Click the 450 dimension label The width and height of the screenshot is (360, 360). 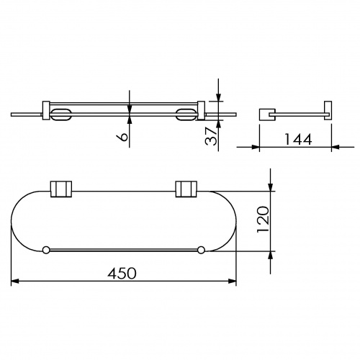[122, 274]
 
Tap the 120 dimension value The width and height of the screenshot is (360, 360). [263, 220]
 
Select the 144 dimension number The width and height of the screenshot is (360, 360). [298, 139]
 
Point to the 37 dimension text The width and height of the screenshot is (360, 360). [211, 136]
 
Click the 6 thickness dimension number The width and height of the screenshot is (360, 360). [122, 137]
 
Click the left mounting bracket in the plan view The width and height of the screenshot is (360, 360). [61, 189]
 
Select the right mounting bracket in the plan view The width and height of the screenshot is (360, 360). [186, 189]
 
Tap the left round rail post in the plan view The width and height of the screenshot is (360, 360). [46, 250]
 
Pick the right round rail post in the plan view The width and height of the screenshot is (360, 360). [201, 250]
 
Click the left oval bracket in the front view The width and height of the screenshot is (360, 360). [60, 114]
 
